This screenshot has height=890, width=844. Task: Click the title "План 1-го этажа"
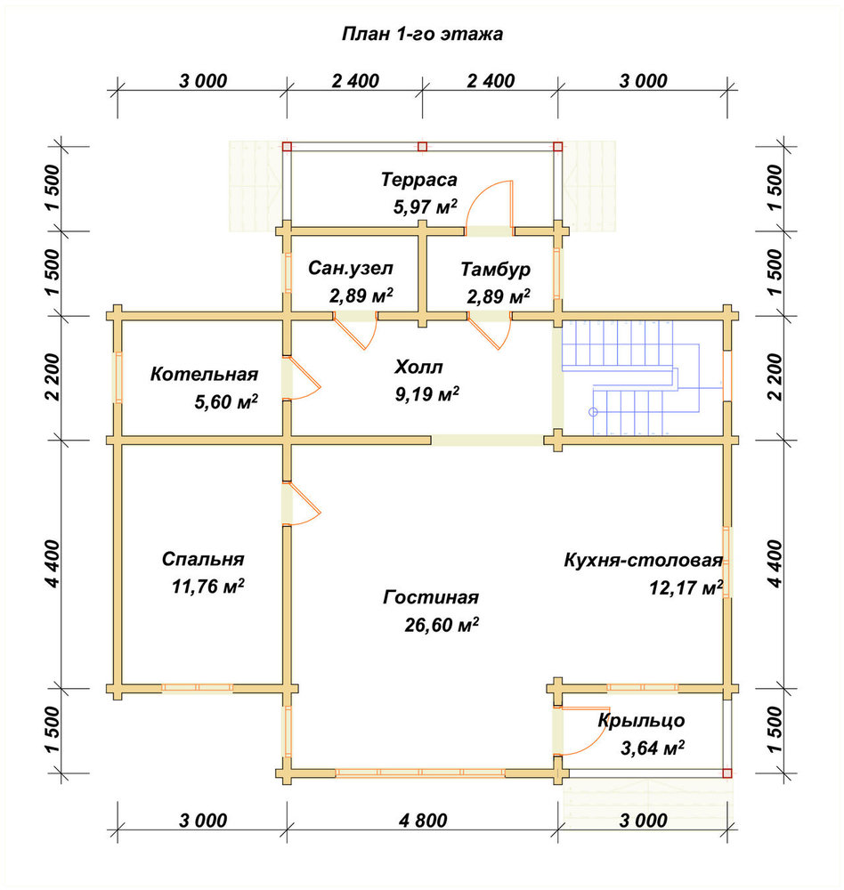[x=422, y=34]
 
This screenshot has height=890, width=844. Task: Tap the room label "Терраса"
[x=418, y=180]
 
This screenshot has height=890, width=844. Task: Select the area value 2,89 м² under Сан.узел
[x=361, y=295]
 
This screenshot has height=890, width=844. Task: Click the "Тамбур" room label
[x=495, y=269]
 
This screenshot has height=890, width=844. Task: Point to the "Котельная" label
[x=204, y=374]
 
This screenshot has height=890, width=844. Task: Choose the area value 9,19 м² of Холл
[x=427, y=394]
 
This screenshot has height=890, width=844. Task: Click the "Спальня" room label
[x=203, y=559]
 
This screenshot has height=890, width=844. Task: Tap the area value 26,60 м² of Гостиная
[x=442, y=625]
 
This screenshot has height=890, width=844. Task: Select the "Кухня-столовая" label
[x=643, y=560]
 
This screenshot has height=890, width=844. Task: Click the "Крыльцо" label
[x=641, y=721]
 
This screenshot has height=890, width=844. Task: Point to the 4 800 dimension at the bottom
[x=423, y=821]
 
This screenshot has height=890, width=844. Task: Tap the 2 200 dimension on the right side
[x=775, y=376]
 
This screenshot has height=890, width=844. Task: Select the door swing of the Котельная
[x=302, y=378]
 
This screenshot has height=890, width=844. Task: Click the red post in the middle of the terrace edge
[x=422, y=147]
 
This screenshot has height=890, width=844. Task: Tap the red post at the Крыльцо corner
[x=727, y=773]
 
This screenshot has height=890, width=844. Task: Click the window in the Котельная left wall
[x=118, y=377]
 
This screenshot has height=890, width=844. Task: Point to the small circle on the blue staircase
[x=594, y=412]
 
